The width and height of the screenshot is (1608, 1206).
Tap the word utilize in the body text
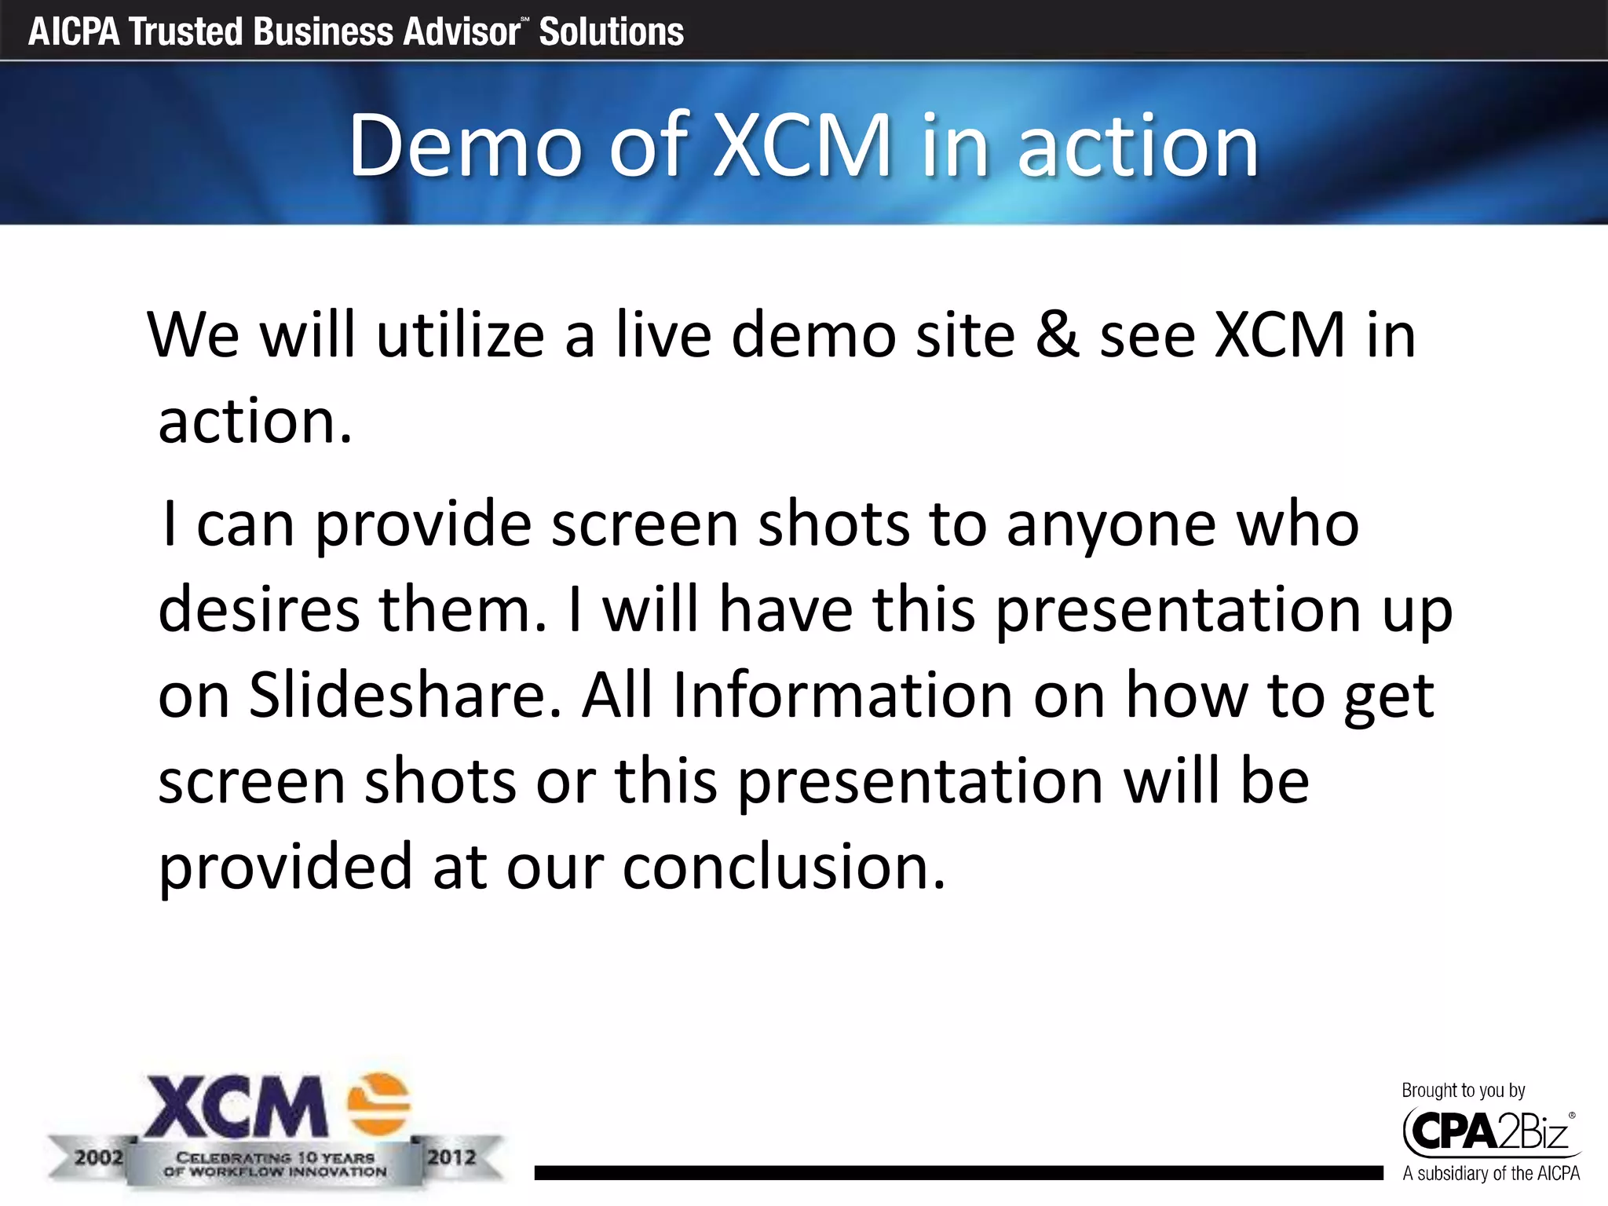(460, 335)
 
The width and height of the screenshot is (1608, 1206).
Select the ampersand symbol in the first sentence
(1056, 335)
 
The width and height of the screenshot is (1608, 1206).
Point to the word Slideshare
(405, 696)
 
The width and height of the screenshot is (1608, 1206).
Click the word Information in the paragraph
(842, 696)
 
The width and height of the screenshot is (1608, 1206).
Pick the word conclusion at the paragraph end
(784, 868)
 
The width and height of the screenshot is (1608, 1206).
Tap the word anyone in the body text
(1111, 524)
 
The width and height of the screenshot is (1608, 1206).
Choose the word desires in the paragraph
(259, 610)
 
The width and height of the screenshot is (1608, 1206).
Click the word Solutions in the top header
(611, 32)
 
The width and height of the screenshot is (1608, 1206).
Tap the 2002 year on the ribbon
(99, 1157)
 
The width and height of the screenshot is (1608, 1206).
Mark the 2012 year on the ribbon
(451, 1157)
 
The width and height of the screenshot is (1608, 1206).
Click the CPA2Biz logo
(1488, 1131)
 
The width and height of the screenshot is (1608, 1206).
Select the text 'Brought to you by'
(1463, 1090)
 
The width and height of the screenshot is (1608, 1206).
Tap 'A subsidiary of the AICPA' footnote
(1490, 1174)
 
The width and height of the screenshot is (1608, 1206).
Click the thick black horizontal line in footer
(958, 1173)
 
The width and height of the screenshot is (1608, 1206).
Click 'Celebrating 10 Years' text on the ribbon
(275, 1157)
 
